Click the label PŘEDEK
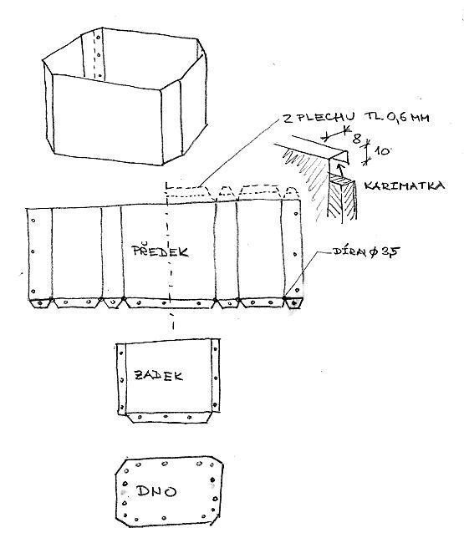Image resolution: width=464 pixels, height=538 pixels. [x=161, y=250]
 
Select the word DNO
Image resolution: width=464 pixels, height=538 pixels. [x=156, y=491]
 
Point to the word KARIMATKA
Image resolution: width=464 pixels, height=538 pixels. [x=405, y=185]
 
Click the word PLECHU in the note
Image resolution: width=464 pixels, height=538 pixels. [x=326, y=118]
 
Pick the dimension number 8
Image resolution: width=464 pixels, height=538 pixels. [x=357, y=139]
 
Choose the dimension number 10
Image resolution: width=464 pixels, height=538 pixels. [x=381, y=150]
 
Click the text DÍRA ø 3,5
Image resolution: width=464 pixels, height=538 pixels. [x=366, y=251]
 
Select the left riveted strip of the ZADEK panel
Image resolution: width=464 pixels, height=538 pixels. [x=121, y=378]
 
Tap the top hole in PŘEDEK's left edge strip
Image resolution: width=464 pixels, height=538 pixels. [x=33, y=221]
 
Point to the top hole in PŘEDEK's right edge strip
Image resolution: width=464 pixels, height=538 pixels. [x=296, y=214]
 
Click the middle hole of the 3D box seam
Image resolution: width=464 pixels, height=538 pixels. [x=99, y=54]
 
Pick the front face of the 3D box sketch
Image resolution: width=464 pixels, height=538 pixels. [x=107, y=119]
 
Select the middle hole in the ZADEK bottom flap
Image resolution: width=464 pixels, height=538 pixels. [x=166, y=417]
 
